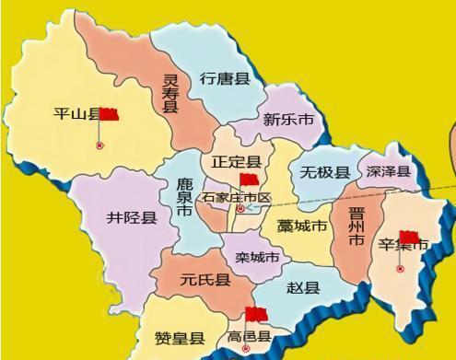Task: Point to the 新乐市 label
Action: pos(287,119)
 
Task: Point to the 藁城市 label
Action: pos(301,226)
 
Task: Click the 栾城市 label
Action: pos(257,257)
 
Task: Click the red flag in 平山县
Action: pos(111,115)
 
